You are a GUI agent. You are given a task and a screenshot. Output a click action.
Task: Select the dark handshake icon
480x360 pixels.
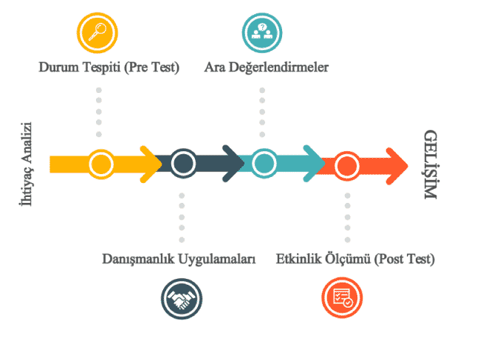click(x=182, y=298)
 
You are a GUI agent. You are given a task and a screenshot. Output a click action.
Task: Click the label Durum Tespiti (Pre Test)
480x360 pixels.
click(x=109, y=67)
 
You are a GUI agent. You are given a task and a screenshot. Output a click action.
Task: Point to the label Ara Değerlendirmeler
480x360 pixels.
click(x=267, y=67)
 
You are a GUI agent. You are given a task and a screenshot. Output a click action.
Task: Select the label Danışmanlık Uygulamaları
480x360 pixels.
click(x=179, y=259)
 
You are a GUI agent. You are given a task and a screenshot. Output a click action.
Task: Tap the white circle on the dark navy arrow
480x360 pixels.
click(x=182, y=164)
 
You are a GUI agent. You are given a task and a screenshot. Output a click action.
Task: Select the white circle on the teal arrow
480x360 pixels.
click(x=262, y=164)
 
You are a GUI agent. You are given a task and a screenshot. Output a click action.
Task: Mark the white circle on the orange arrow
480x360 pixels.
click(x=344, y=164)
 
